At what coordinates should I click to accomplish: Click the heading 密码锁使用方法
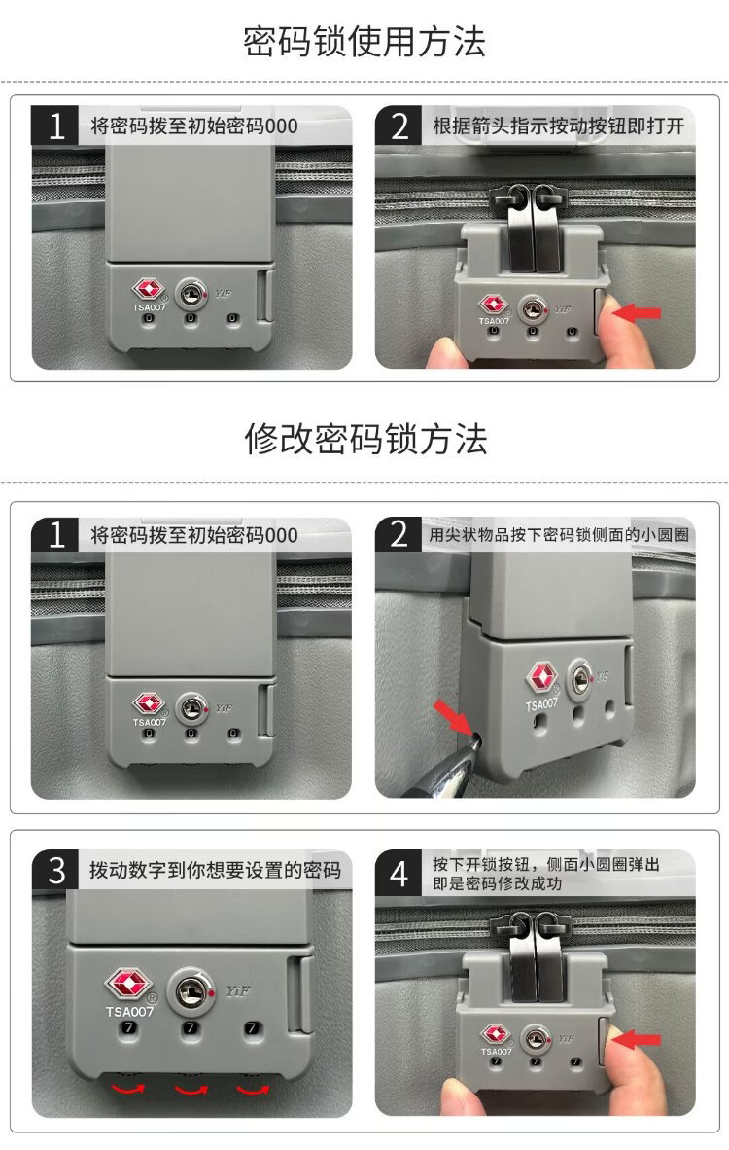pyautogui.click(x=364, y=41)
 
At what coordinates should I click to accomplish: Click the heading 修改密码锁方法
pyautogui.click(x=365, y=440)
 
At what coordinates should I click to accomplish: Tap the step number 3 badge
pyautogui.click(x=55, y=870)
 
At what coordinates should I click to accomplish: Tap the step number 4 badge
pyautogui.click(x=399, y=874)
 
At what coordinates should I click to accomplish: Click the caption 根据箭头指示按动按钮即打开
pyautogui.click(x=558, y=126)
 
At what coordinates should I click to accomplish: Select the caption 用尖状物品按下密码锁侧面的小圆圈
pyautogui.click(x=558, y=535)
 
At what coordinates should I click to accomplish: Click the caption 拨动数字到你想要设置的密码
pyautogui.click(x=216, y=871)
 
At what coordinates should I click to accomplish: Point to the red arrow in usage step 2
pyautogui.click(x=637, y=313)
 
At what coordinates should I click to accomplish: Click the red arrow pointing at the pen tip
pyautogui.click(x=453, y=716)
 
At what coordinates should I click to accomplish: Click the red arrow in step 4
pyautogui.click(x=636, y=1039)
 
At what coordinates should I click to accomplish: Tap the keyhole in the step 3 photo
pyautogui.click(x=191, y=991)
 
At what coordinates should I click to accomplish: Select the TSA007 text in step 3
pyautogui.click(x=129, y=1012)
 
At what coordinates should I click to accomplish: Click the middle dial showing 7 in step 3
pyautogui.click(x=191, y=1028)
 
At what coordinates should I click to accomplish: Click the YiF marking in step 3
pyautogui.click(x=238, y=991)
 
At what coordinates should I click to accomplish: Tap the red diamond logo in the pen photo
pyautogui.click(x=541, y=677)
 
